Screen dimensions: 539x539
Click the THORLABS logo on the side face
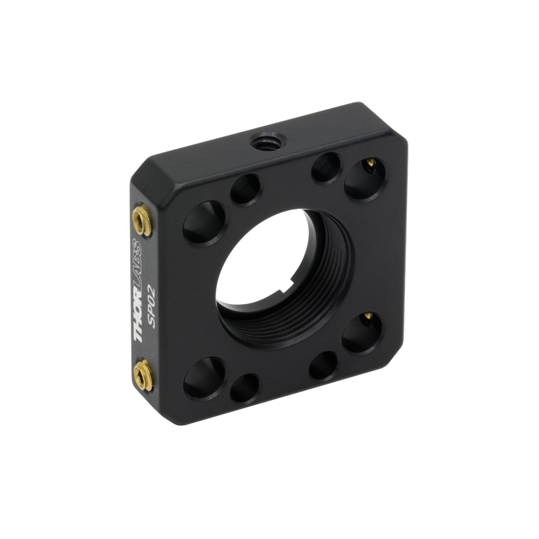pyautogui.click(x=137, y=290)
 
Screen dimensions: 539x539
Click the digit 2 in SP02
pyautogui.click(x=151, y=290)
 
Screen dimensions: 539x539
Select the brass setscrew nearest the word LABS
pyautogui.click(x=142, y=220)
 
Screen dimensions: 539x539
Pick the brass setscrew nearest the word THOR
pyautogui.click(x=143, y=375)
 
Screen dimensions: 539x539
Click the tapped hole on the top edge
pyautogui.click(x=268, y=141)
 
